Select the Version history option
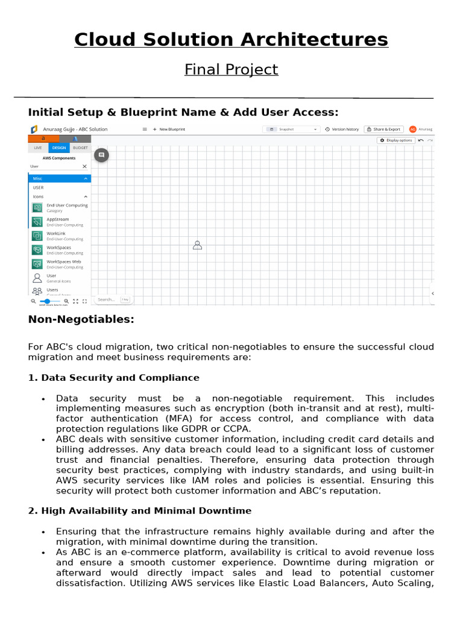click(x=342, y=129)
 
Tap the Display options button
click(x=396, y=140)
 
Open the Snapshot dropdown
click(x=291, y=129)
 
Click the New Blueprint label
click(x=172, y=129)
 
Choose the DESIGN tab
click(x=59, y=148)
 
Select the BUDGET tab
click(x=80, y=148)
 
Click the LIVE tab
click(x=38, y=148)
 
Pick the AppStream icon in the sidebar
click(x=37, y=222)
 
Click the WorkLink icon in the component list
click(x=37, y=236)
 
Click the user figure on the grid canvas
click(x=197, y=245)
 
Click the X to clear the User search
click(x=84, y=166)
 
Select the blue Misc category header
click(x=59, y=178)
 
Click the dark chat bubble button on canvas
click(x=101, y=155)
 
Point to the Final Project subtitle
click(x=231, y=69)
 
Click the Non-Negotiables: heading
click(x=81, y=319)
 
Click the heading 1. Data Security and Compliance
click(x=113, y=378)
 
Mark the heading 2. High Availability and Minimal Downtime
click(x=139, y=511)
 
